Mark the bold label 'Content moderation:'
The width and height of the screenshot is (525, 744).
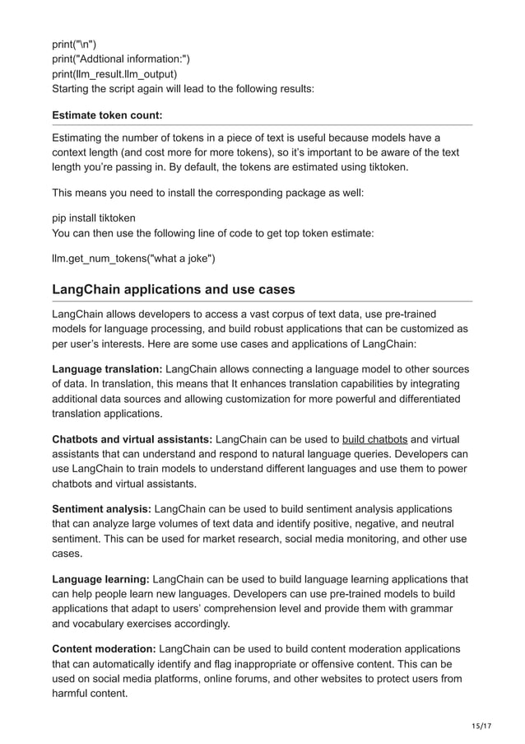pyautogui.click(x=104, y=648)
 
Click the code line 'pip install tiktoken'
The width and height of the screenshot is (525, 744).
pyautogui.click(x=94, y=218)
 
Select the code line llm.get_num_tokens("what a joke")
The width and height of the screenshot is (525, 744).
pyautogui.click(x=133, y=260)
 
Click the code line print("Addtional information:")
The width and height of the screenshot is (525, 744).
pyautogui.click(x=121, y=57)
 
